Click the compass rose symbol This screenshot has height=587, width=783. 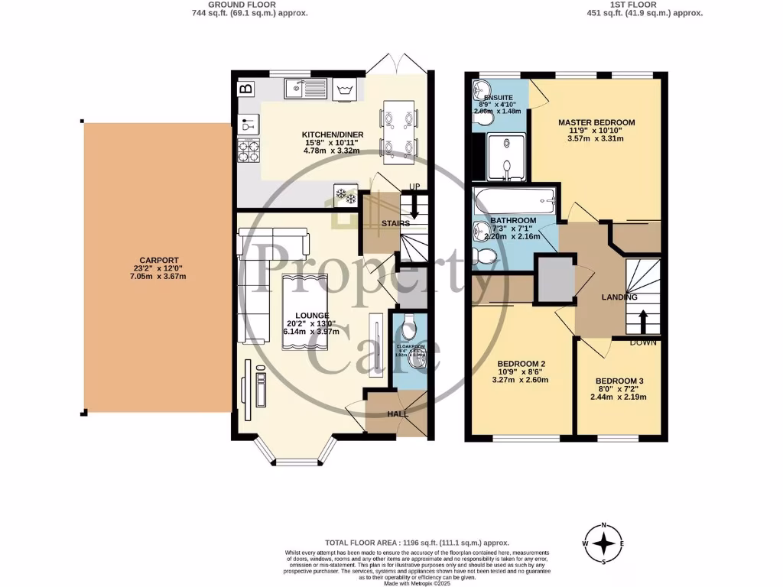(x=605, y=542)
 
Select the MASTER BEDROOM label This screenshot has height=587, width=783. (x=596, y=122)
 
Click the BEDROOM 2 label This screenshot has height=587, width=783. (x=521, y=364)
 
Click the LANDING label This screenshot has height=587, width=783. (x=599, y=298)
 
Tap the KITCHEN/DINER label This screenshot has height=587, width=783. (x=332, y=135)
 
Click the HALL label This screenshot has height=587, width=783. (x=397, y=413)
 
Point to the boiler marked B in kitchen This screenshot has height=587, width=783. (x=245, y=89)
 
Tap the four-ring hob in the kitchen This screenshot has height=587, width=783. (x=249, y=152)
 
